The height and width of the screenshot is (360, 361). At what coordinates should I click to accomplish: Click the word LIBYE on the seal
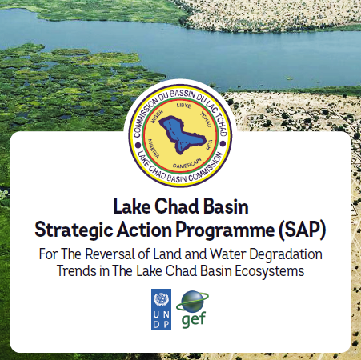[x=184, y=106]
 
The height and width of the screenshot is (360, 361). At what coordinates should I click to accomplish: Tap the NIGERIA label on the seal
[x=154, y=149]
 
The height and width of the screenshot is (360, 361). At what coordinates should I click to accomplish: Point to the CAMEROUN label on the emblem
[x=187, y=163]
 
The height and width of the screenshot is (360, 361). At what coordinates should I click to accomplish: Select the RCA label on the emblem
[x=209, y=145]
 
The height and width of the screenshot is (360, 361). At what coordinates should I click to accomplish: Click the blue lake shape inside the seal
[x=182, y=134]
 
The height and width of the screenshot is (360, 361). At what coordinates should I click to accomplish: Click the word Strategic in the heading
[x=74, y=230]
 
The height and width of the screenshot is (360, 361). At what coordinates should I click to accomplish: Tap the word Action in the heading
[x=144, y=230]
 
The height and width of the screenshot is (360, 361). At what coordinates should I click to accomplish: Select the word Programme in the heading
[x=225, y=230]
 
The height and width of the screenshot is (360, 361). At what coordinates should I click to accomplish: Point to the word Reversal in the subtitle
[x=110, y=254]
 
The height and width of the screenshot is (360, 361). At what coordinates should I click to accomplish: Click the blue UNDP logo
[x=161, y=309]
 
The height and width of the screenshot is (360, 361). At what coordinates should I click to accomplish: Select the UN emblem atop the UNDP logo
[x=161, y=299]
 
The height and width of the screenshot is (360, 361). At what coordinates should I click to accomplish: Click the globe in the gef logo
[x=192, y=302]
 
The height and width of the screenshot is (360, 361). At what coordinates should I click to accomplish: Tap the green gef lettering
[x=194, y=319]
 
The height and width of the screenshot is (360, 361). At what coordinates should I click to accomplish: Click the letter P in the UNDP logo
[x=166, y=324]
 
